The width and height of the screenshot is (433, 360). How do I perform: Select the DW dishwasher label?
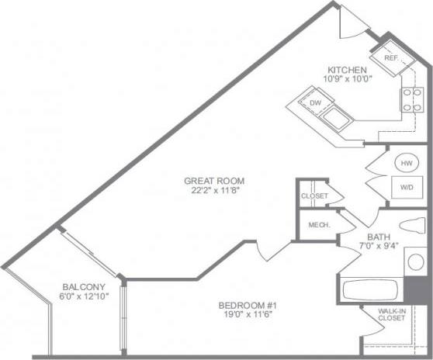[316, 102]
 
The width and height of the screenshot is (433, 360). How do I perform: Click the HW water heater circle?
[406, 164]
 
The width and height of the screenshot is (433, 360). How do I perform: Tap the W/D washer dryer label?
[406, 187]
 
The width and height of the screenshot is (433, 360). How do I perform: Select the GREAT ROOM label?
[210, 181]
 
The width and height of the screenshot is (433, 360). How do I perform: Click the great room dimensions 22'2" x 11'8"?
[210, 191]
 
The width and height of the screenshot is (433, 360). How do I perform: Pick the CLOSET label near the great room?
[314, 196]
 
